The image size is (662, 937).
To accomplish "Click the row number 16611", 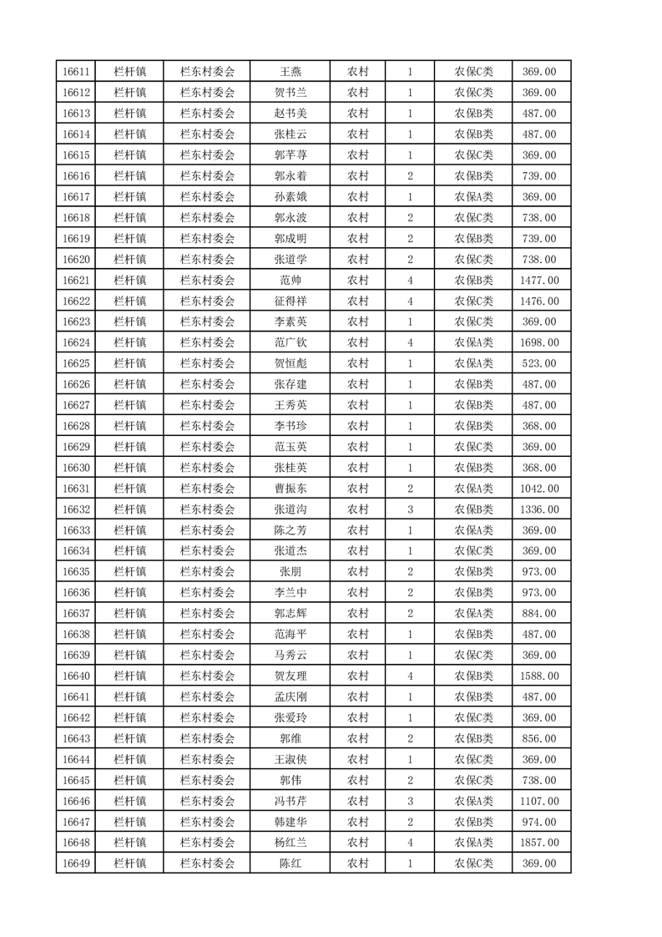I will (76, 72).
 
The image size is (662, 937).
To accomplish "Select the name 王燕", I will (290, 72).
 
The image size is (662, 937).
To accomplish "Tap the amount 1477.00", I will (539, 281).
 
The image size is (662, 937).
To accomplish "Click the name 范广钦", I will (290, 343).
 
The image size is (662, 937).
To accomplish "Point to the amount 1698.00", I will (539, 343).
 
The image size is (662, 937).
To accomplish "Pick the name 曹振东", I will (290, 489).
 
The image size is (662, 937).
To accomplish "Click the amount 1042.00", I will (539, 489).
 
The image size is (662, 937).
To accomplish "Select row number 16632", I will (76, 509).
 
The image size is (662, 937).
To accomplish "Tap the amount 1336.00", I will (539, 509).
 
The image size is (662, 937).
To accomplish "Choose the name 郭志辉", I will (290, 614).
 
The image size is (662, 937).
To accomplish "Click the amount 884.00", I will (539, 614).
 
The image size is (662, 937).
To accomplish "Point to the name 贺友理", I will (290, 676).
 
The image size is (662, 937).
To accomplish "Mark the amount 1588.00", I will (539, 676).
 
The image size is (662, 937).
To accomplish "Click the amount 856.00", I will (539, 739).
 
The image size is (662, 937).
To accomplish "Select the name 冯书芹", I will (290, 802).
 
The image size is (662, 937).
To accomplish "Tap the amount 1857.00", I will (539, 843).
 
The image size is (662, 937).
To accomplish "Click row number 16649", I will (76, 864).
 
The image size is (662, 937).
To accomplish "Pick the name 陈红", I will (290, 864).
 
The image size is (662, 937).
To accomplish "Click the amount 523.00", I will (539, 364).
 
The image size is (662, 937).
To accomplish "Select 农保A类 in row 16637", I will (473, 614).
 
